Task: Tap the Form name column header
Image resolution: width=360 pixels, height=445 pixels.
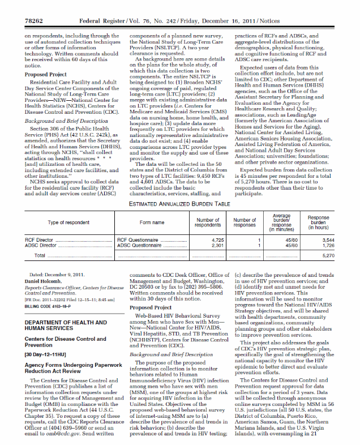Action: pos(152,222)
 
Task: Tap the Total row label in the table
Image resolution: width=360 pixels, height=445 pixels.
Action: pos(40,256)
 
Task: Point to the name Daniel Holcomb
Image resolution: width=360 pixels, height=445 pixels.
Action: pos(45,281)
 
